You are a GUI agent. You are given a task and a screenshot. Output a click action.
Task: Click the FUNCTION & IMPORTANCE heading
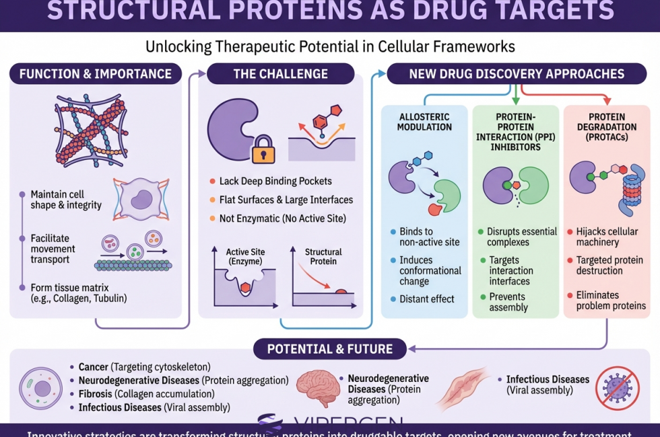(x=96, y=73)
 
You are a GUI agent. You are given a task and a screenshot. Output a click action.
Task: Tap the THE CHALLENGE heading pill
(x=280, y=74)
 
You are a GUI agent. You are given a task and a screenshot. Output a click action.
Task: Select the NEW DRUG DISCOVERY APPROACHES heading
(x=517, y=74)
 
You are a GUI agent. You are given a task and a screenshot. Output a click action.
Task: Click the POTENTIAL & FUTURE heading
(x=330, y=349)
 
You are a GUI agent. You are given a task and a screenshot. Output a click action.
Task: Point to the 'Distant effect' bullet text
(x=427, y=299)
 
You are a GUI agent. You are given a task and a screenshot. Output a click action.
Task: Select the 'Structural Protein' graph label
(x=323, y=257)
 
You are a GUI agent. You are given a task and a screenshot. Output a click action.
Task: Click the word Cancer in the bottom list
(x=93, y=367)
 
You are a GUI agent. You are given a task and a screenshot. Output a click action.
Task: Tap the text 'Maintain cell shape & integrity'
(x=66, y=200)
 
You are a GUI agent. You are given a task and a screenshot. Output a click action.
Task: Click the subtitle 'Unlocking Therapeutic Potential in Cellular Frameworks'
(x=330, y=47)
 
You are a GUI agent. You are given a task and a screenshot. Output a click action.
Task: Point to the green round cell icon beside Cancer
(x=40, y=388)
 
